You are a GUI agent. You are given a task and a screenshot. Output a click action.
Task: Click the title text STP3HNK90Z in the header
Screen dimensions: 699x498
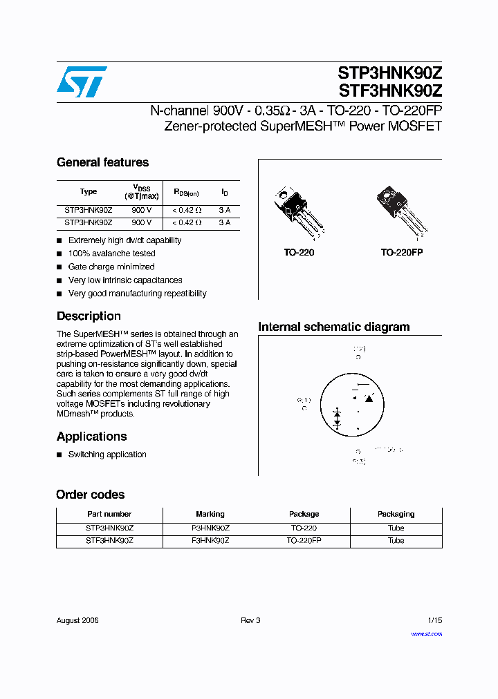point(389,73)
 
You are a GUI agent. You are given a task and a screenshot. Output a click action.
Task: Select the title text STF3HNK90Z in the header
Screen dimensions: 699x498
point(389,90)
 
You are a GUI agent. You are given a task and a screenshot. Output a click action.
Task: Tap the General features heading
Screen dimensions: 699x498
point(102,162)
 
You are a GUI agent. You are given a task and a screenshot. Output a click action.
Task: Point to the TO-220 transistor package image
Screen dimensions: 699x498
point(298,210)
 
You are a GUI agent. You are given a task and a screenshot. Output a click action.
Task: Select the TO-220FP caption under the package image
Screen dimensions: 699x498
point(401,253)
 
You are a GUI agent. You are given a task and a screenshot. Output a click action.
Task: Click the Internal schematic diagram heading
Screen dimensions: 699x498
point(333,327)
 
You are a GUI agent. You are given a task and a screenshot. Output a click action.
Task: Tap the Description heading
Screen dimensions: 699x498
point(89,316)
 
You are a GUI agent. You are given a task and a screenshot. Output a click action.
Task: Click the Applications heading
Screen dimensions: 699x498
point(91,437)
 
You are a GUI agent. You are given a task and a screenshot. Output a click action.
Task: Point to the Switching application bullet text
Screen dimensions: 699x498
point(107,454)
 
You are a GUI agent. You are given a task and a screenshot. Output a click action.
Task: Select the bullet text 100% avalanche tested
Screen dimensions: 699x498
point(111,253)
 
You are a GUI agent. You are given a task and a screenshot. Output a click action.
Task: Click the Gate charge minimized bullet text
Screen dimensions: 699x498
point(111,267)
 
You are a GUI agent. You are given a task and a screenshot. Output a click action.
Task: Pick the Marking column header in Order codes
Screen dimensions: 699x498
point(210,514)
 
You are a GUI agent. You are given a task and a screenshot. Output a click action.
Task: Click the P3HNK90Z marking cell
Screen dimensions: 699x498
point(210,528)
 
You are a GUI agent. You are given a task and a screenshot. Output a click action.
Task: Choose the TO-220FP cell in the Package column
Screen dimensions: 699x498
point(304,541)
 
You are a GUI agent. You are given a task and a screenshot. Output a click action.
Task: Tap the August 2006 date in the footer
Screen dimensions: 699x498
point(77,620)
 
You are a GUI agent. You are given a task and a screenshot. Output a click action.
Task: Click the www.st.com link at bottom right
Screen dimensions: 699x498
point(426,633)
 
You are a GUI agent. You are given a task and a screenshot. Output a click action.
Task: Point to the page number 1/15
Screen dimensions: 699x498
point(434,620)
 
